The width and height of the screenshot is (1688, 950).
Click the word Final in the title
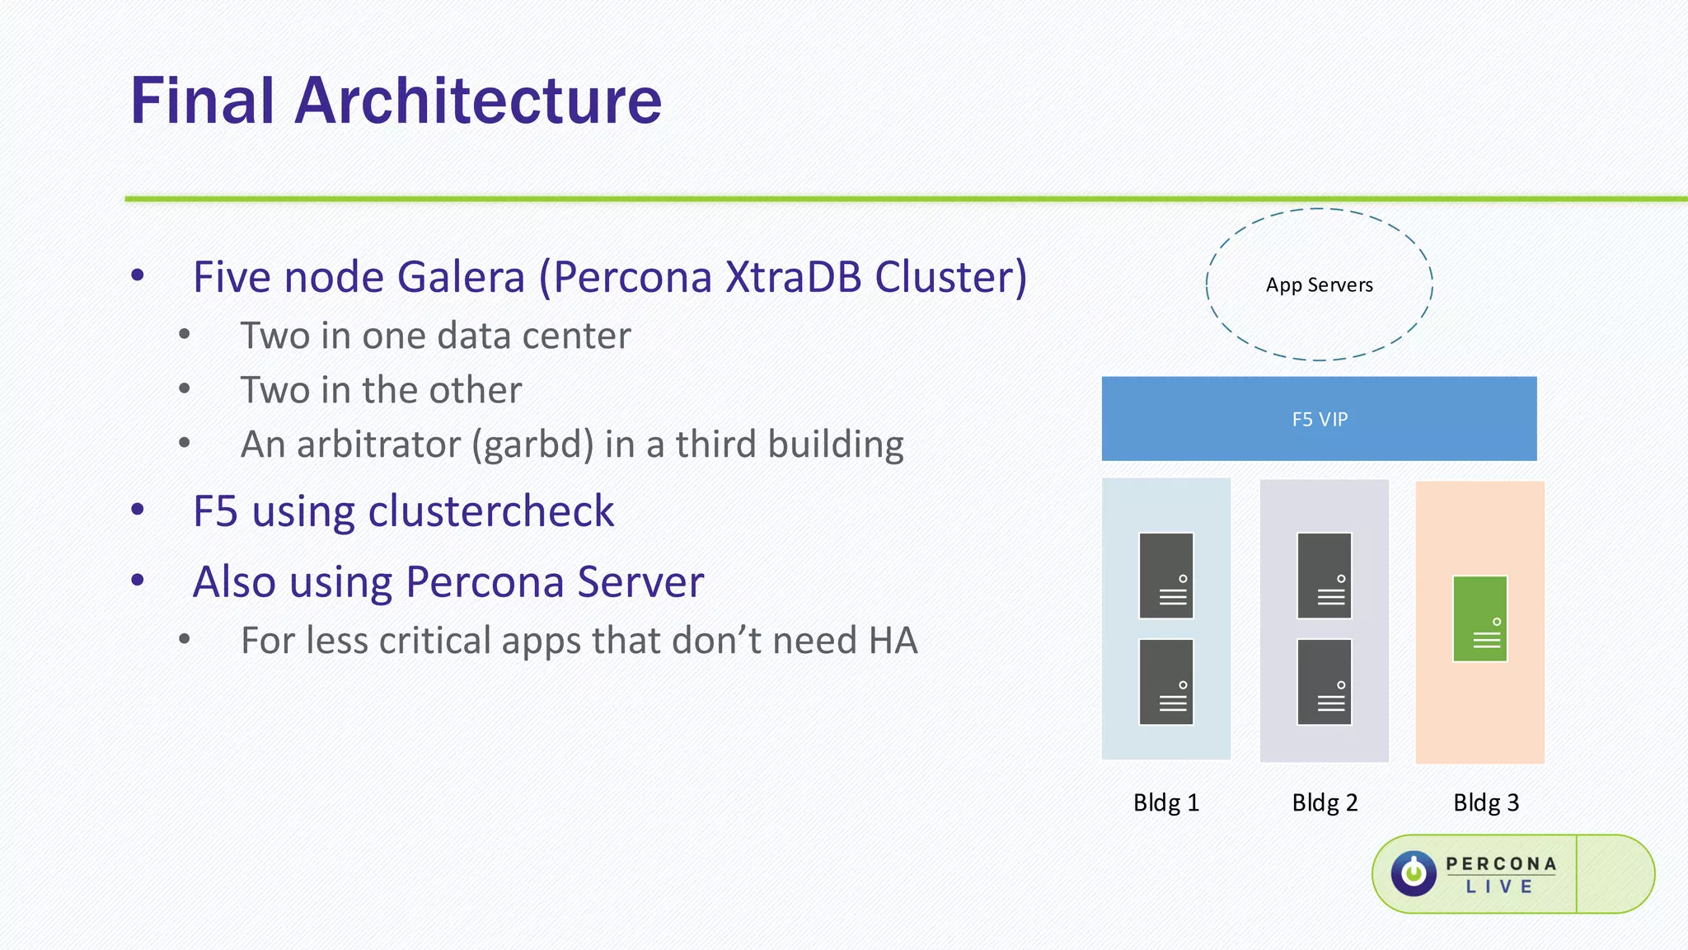pyautogui.click(x=202, y=101)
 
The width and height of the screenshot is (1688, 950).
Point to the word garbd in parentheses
pyautogui.click(x=532, y=445)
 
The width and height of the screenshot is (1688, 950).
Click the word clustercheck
pyautogui.click(x=490, y=512)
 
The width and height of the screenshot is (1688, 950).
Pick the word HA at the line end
pyautogui.click(x=893, y=641)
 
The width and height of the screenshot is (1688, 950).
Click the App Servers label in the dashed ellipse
pyautogui.click(x=1319, y=285)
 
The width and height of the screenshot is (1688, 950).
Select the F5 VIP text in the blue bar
pyautogui.click(x=1319, y=420)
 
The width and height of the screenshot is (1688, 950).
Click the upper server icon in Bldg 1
pyautogui.click(x=1166, y=576)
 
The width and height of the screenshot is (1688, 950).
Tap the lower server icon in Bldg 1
pyautogui.click(x=1166, y=682)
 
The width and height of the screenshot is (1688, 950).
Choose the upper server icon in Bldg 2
pyautogui.click(x=1325, y=576)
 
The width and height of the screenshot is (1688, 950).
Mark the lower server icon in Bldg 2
pyautogui.click(x=1325, y=682)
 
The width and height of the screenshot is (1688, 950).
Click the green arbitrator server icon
pyautogui.click(x=1480, y=618)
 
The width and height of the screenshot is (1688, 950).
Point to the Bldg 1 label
pyautogui.click(x=1166, y=802)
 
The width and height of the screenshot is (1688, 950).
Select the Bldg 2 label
pyautogui.click(x=1325, y=802)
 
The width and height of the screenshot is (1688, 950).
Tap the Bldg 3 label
pyautogui.click(x=1486, y=802)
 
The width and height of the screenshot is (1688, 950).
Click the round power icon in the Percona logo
pyautogui.click(x=1414, y=874)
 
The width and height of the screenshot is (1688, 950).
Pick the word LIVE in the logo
pyautogui.click(x=1499, y=887)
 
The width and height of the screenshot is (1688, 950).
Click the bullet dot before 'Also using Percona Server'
pyautogui.click(x=138, y=581)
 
